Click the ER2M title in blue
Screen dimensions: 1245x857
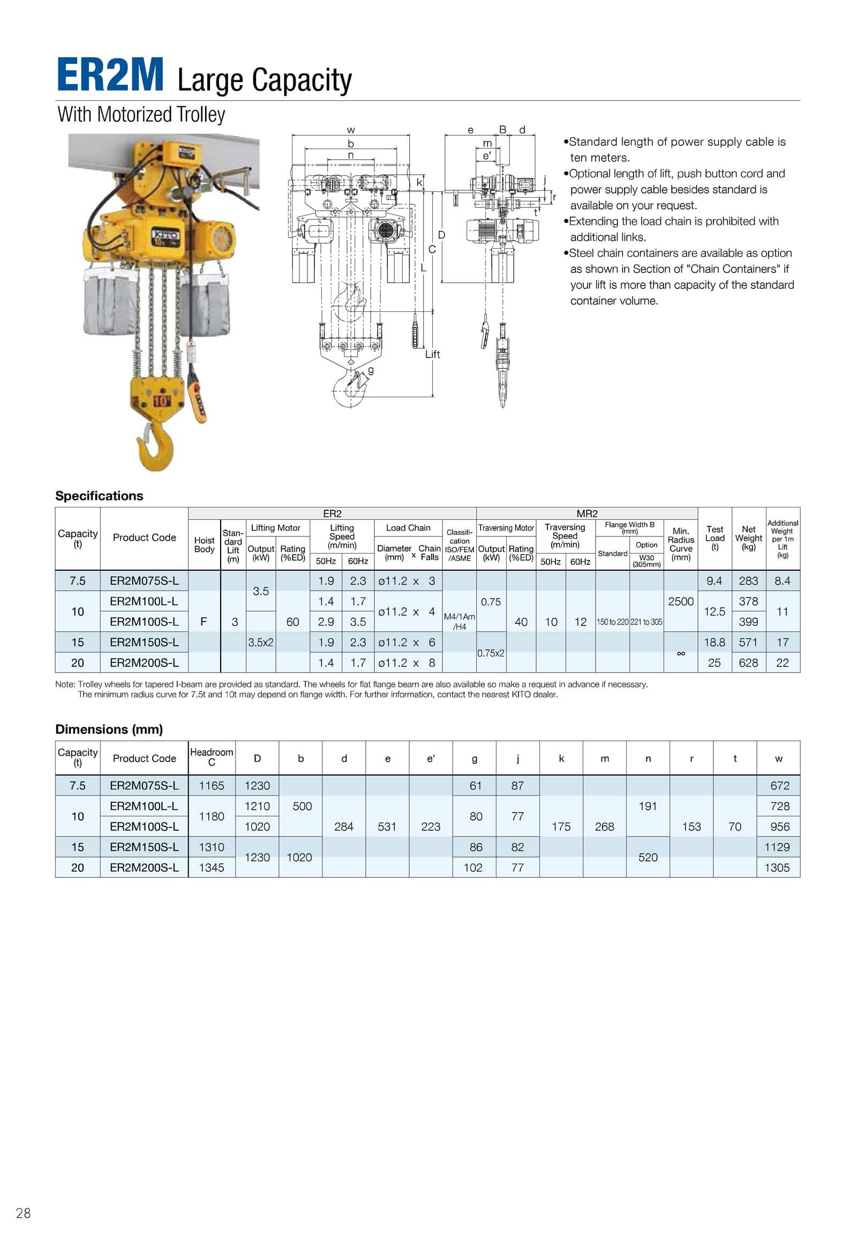click(x=110, y=75)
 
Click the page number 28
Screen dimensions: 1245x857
click(x=24, y=1213)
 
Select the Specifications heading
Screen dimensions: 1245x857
click(x=99, y=495)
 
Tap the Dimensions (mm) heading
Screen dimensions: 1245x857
click(x=109, y=729)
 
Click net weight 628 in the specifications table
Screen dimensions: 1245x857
click(x=748, y=662)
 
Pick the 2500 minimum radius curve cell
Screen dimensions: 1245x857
click(x=680, y=601)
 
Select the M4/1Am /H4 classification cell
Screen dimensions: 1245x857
click(x=459, y=622)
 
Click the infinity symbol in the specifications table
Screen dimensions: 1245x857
click(x=680, y=653)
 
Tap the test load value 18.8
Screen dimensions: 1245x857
click(x=714, y=642)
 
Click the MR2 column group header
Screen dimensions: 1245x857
click(x=587, y=513)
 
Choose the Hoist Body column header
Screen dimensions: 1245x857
click(x=204, y=545)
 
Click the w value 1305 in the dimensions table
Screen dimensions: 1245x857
click(x=777, y=867)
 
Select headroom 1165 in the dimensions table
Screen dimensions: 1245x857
click(x=212, y=786)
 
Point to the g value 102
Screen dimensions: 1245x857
click(x=473, y=867)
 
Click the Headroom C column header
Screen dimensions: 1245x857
click(x=212, y=757)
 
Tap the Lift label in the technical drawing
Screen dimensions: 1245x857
click(x=432, y=354)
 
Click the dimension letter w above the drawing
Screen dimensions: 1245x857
click(x=351, y=130)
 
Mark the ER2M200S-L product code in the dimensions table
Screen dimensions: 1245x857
click(x=144, y=867)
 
